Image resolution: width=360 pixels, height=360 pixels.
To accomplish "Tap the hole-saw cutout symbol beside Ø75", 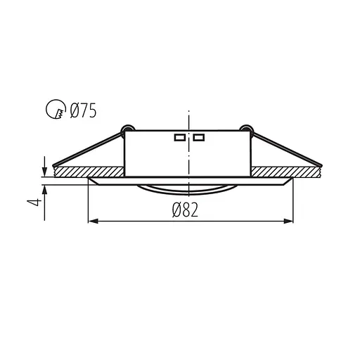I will click(x=54, y=110).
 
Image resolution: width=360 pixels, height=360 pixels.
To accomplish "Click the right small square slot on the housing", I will click(x=198, y=138).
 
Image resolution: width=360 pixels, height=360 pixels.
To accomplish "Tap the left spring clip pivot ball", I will click(x=127, y=129).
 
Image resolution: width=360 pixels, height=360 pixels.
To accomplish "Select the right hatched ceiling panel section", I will click(x=288, y=171).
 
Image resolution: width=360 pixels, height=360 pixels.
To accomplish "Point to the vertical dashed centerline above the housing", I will click(x=188, y=120).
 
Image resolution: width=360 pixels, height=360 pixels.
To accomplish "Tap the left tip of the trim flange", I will click(x=87, y=179).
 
